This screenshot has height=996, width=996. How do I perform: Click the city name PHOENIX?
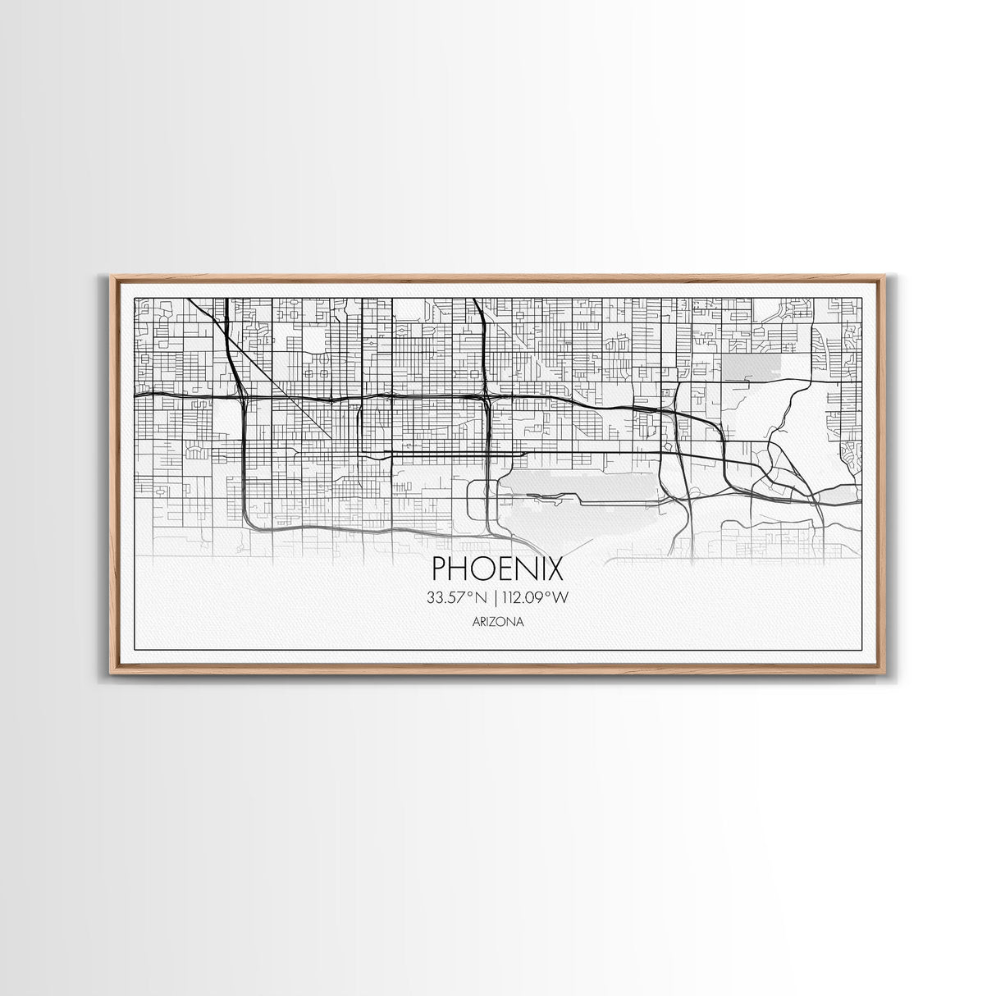click(497, 569)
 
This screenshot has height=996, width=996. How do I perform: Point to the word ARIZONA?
click(498, 622)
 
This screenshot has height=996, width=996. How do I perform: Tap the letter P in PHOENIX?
click(440, 569)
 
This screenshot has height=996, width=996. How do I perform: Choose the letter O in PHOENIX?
click(480, 569)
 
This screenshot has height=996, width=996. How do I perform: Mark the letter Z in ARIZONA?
click(495, 622)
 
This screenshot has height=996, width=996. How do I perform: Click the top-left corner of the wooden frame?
click(112, 276)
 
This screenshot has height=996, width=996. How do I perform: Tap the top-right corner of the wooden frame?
click(885, 276)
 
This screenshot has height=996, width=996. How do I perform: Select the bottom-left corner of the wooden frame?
click(112, 673)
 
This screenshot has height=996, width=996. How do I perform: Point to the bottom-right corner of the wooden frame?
click(885, 673)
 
